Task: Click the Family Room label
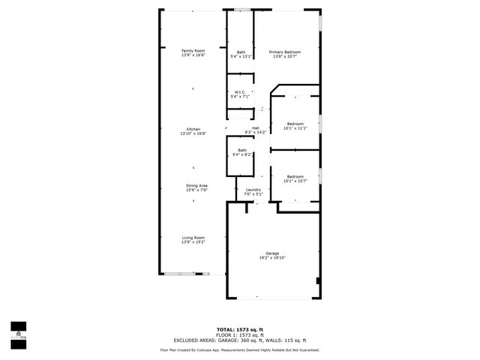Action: tap(193, 51)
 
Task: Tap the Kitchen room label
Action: tap(193, 129)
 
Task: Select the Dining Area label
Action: tap(196, 185)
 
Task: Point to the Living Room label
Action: tap(193, 238)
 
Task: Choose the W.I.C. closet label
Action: tap(240, 92)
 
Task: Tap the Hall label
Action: tap(256, 127)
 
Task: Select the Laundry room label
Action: tap(253, 190)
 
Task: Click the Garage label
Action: tap(272, 253)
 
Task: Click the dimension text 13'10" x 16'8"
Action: tap(193, 133)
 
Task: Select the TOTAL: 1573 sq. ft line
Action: tap(240, 329)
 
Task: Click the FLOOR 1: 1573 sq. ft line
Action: tap(240, 334)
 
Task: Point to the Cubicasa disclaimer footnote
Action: tap(240, 349)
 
